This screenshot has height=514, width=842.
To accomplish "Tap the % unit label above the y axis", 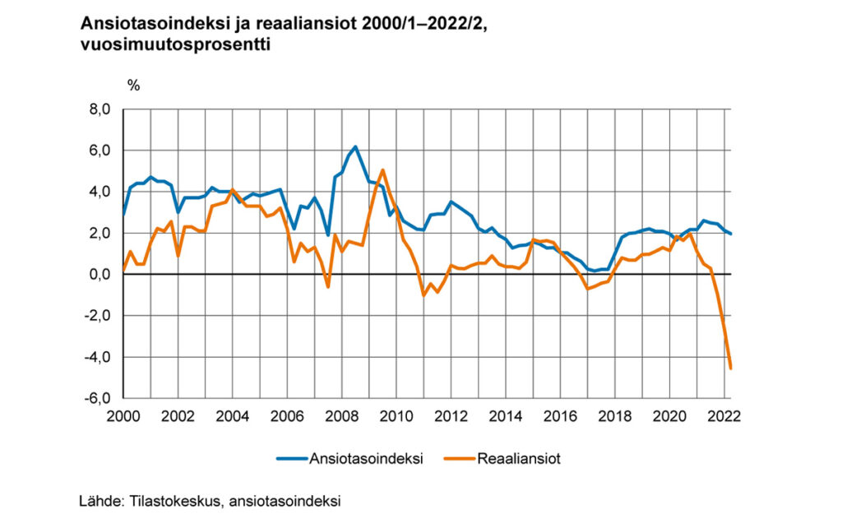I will (x=133, y=86).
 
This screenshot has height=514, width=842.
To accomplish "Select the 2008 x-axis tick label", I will (x=341, y=415).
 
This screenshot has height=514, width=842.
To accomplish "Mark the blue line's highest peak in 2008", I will (x=354, y=146).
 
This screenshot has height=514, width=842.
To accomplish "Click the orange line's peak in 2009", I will (x=382, y=170).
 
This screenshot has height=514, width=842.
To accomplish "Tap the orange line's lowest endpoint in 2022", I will (x=731, y=368).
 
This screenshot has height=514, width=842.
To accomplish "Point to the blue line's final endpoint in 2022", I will (x=731, y=234).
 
